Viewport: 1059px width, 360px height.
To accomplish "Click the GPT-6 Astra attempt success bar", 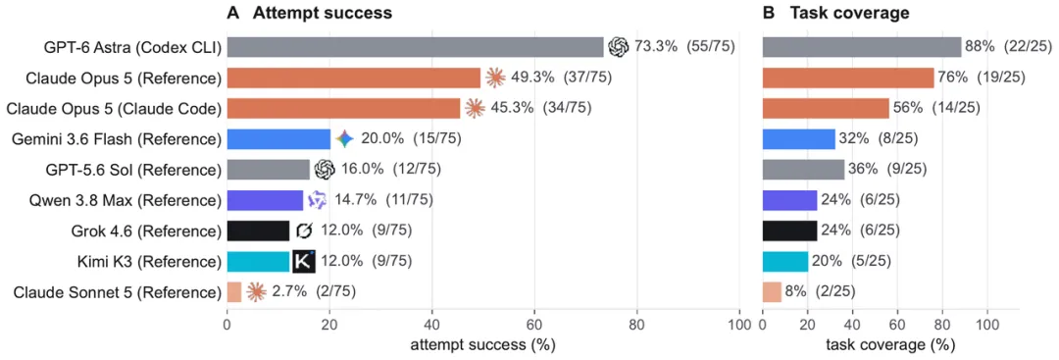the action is [416, 47].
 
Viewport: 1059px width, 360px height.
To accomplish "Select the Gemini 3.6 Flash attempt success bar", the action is [278, 139].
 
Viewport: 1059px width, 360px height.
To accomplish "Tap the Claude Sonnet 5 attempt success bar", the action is [234, 291].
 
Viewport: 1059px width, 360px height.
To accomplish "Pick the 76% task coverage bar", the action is [848, 77].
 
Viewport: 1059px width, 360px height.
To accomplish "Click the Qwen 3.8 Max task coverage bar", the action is [789, 200].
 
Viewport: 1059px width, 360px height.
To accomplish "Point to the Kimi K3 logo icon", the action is [304, 261].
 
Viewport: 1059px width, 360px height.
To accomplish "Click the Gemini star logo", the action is [344, 139].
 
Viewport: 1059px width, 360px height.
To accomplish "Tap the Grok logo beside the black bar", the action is [305, 231].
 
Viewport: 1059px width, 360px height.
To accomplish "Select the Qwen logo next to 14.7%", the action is [317, 200].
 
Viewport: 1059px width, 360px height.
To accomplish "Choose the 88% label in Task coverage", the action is [980, 47].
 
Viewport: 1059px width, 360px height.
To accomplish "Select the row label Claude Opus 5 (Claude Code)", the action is [124, 109].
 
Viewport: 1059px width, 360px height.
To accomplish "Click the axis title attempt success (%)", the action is [482, 345].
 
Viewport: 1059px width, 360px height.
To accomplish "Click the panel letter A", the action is [233, 12].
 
